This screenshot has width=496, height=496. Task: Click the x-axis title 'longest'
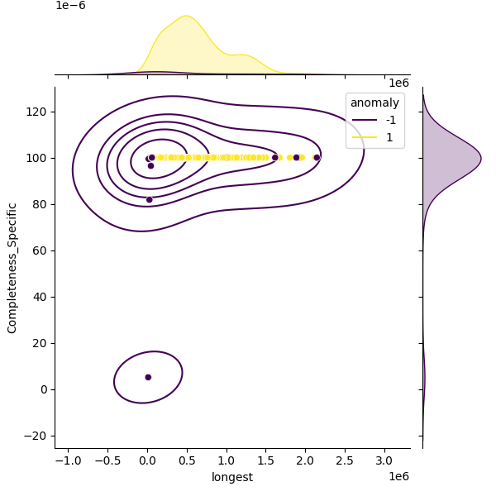[232, 477]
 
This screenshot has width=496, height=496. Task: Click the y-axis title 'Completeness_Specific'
[12, 268]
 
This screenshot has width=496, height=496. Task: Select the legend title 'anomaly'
[375, 103]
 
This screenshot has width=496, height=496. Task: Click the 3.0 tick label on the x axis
[384, 460]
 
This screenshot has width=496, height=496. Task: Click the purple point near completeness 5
[148, 377]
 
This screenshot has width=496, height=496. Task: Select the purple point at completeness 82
[149, 199]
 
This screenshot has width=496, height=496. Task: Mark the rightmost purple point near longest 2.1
[317, 157]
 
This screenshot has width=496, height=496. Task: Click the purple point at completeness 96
[150, 166]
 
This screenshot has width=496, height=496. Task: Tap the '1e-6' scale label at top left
[70, 6]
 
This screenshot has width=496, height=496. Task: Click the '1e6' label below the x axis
[398, 476]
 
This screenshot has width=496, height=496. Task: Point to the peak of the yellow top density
[186, 16]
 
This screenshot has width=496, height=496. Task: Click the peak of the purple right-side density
[480, 158]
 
